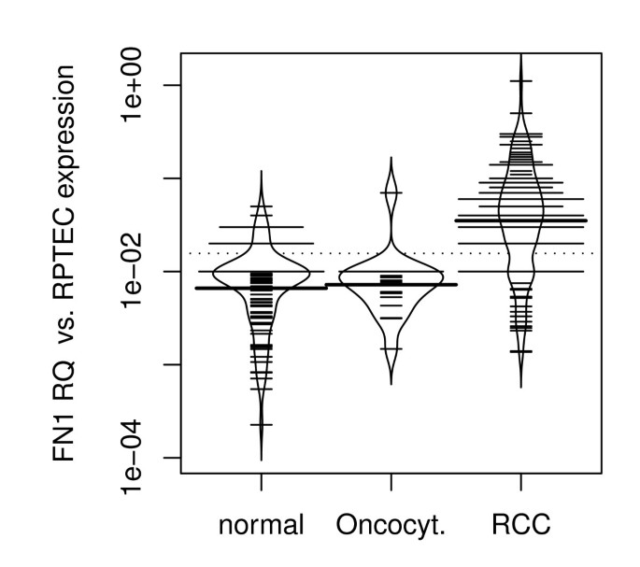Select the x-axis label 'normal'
(261, 526)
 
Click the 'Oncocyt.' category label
(391, 526)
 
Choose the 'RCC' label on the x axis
(520, 526)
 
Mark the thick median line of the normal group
(261, 288)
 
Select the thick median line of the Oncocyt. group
(391, 284)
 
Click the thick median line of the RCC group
(520, 220)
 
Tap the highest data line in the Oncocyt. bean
(391, 192)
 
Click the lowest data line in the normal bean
(261, 424)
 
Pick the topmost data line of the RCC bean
(520, 81)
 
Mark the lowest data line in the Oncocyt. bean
(391, 348)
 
